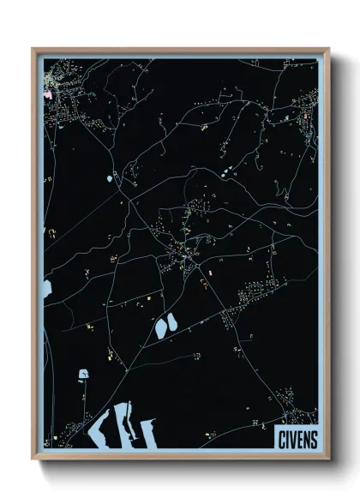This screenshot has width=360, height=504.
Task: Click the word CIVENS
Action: click(x=297, y=439)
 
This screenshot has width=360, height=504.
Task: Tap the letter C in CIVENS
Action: click(x=281, y=439)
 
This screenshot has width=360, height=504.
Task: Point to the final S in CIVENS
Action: click(x=313, y=439)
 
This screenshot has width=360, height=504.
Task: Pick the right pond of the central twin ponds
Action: click(x=171, y=323)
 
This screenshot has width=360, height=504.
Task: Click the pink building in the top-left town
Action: click(x=49, y=95)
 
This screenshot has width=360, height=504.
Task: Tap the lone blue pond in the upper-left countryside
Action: click(x=110, y=179)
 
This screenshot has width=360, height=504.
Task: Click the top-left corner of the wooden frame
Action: click(x=33, y=49)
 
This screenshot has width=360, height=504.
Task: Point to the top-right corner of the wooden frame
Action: click(x=327, y=49)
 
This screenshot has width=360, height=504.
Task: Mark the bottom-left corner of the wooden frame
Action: click(x=33, y=458)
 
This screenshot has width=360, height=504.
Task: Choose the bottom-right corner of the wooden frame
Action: click(x=327, y=458)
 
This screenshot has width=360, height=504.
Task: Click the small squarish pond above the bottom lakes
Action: click(x=84, y=374)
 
